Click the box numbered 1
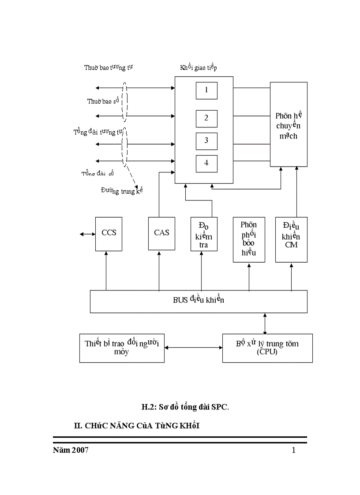coord(206,90)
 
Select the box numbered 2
coord(206,118)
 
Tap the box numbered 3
coord(206,141)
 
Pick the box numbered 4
coord(206,163)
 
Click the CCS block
coord(109,234)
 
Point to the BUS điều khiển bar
coord(199,301)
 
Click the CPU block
coord(267,348)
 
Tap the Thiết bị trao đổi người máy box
coord(122,348)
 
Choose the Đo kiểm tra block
coord(204,234)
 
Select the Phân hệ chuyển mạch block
coord(289,124)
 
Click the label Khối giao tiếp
coord(198,67)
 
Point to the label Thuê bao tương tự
coord(109,67)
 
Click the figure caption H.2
coord(185,407)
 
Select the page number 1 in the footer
coord(293,450)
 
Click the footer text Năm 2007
coord(70,450)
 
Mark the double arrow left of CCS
coord(87,234)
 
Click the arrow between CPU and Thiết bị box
coord(193,348)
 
